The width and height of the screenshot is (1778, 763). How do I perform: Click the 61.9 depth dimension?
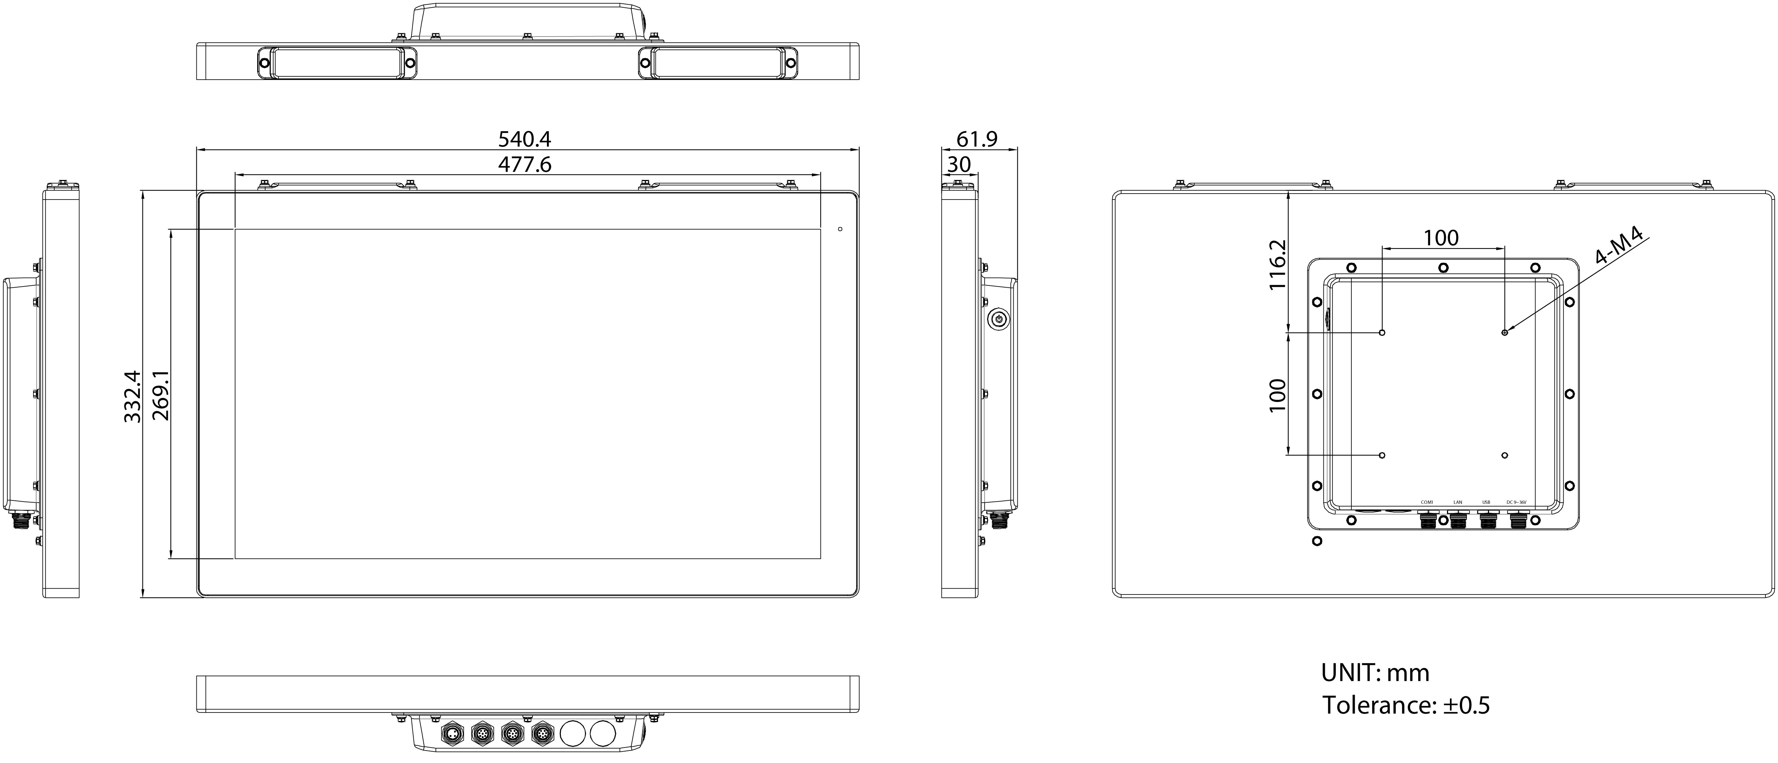[x=977, y=139]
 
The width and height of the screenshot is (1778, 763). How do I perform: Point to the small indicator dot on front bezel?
[x=840, y=229]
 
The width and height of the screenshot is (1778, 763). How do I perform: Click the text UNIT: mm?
[x=1375, y=673]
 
